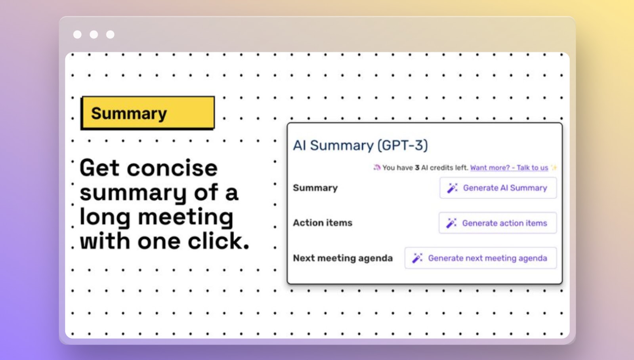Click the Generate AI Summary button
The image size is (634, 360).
[x=498, y=188]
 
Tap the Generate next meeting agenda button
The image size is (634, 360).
[x=481, y=258]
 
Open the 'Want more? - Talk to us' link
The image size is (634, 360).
[x=509, y=168]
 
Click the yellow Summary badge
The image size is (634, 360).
[x=148, y=113]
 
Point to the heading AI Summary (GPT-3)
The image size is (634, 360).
[x=360, y=145]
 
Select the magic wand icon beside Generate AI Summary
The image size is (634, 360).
[x=452, y=188]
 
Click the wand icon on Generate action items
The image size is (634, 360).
[x=451, y=223]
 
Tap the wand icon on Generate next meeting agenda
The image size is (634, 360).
[x=417, y=258]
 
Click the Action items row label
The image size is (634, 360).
[x=323, y=223]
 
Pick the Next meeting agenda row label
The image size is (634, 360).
[x=343, y=258]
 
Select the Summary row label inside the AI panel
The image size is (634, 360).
[x=315, y=188]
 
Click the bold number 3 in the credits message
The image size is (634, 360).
[x=417, y=168]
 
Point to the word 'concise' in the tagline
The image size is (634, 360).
[x=172, y=168]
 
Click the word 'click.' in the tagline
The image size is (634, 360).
[x=218, y=241]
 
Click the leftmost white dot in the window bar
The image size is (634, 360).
[x=77, y=34]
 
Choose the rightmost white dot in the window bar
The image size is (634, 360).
[x=110, y=34]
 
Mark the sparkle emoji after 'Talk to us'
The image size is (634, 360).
[x=554, y=168]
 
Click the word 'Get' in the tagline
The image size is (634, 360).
[x=99, y=168]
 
